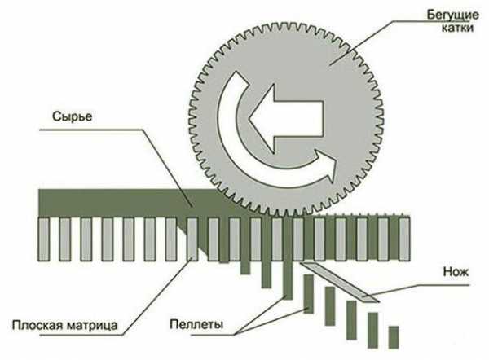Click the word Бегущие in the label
pos(453,15)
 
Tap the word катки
pos(457,28)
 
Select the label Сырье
pos(73,116)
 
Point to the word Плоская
pos(37,325)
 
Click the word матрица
pos(92,326)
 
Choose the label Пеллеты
pos(196,324)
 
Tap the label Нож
pos(456,272)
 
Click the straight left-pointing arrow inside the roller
pos(286,119)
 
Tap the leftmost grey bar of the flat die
pos(44,239)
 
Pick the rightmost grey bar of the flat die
pos(404,239)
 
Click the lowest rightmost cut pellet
pos(394,337)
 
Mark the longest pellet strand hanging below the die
pos(289,258)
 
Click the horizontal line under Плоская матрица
pos(81,336)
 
